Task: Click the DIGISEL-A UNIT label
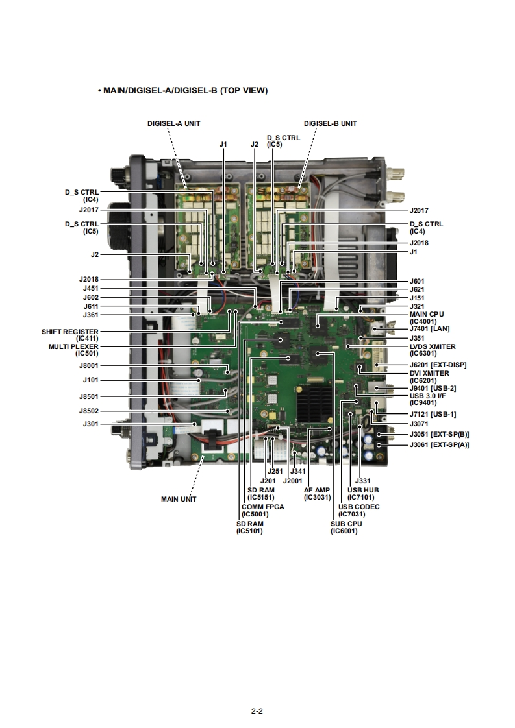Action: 173,123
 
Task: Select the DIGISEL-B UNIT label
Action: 330,123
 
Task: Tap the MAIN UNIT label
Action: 179,498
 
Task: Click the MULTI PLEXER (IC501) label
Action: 73,350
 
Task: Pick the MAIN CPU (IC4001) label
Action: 427,317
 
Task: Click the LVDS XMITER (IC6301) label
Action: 433,350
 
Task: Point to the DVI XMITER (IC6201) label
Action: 429,376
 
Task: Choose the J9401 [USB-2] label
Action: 433,388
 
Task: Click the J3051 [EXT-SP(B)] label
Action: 439,434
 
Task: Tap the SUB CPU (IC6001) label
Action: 346,527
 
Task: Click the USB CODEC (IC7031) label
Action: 358,510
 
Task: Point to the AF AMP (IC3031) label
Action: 317,493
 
